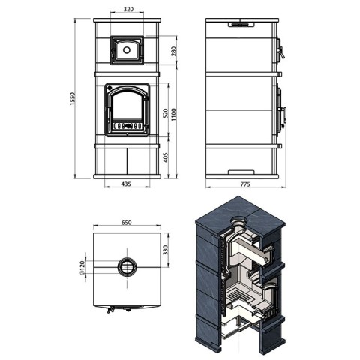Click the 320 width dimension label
click(128, 9)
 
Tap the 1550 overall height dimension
click(73, 99)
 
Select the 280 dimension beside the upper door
click(174, 51)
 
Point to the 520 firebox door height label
click(165, 114)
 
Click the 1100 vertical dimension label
click(174, 115)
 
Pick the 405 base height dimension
click(165, 157)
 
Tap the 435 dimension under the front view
click(126, 184)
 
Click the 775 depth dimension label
click(245, 184)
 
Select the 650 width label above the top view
click(126, 223)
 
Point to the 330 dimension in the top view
click(165, 250)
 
